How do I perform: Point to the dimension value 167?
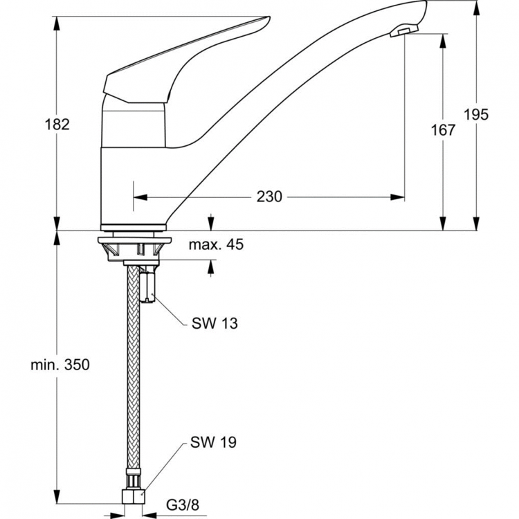tap(444, 130)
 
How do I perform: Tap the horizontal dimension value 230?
tap(269, 197)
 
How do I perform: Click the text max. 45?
tap(216, 244)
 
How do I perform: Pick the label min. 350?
tap(60, 365)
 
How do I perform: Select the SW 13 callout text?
tap(215, 324)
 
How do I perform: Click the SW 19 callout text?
tap(215, 441)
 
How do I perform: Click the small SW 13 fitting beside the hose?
tap(148, 284)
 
